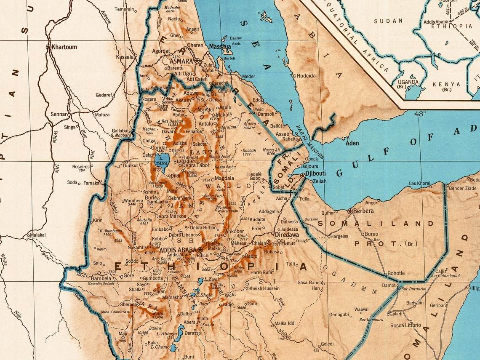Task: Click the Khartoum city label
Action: (x=64, y=47)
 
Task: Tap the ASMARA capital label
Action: (x=181, y=61)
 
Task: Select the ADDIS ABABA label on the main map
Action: (x=177, y=250)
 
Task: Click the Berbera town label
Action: (x=363, y=211)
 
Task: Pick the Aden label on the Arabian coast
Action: (x=352, y=143)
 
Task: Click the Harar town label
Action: (x=288, y=243)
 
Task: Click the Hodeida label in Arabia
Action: (x=306, y=76)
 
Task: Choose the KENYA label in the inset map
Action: (x=446, y=84)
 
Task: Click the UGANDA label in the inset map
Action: (x=408, y=82)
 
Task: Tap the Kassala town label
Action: (x=125, y=57)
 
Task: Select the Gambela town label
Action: (x=101, y=278)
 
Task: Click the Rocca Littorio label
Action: (x=405, y=325)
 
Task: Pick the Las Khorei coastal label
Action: (x=420, y=183)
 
